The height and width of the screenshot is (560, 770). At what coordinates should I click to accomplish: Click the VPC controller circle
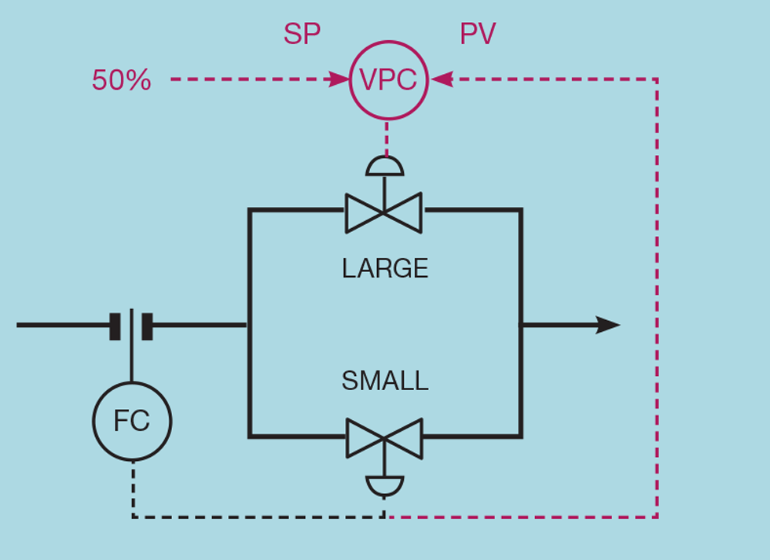(388, 79)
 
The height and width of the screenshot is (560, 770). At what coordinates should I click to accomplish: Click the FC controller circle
(131, 422)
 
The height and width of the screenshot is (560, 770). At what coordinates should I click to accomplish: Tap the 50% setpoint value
(121, 80)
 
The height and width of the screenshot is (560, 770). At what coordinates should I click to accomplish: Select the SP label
(302, 35)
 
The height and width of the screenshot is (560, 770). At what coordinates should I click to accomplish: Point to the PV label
(478, 35)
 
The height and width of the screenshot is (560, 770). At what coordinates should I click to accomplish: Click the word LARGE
(385, 269)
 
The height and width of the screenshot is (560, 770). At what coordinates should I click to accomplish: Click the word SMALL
(385, 381)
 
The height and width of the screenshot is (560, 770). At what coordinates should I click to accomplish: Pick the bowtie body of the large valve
(383, 212)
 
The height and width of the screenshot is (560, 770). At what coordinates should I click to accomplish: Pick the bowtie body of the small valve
(384, 438)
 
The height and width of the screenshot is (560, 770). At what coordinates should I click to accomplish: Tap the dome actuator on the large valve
(385, 167)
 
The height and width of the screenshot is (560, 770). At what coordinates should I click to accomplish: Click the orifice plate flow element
(131, 325)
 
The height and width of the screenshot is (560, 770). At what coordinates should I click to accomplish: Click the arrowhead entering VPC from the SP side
(340, 79)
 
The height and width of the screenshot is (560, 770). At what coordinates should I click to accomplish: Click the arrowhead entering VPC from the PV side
(441, 79)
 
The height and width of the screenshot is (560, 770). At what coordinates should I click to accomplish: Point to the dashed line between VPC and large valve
(386, 138)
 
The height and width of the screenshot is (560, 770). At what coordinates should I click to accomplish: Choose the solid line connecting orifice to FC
(131, 362)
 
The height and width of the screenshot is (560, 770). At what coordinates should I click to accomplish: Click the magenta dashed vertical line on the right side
(657, 299)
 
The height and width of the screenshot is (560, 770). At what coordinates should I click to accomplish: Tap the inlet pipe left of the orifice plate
(63, 325)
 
